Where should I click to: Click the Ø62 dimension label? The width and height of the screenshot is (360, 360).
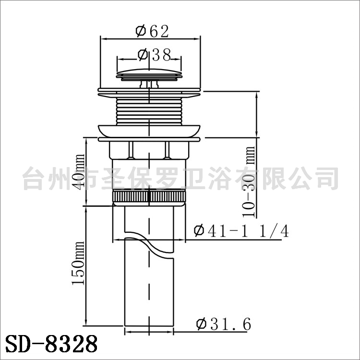152,31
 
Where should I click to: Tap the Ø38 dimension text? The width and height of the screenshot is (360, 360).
154,55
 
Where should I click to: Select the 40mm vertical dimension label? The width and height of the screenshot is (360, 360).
80,172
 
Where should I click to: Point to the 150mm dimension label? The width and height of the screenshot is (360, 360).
78,263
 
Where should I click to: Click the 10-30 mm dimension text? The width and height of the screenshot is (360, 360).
249,182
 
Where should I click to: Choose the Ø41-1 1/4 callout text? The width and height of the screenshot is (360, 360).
241,231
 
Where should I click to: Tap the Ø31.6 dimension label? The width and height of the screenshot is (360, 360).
224,324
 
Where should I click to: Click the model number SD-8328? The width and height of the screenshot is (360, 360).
51,344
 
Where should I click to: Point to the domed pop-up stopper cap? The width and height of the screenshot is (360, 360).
149,74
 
